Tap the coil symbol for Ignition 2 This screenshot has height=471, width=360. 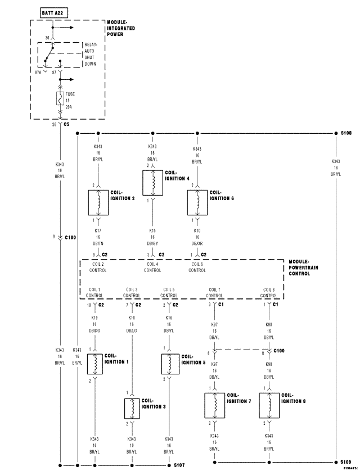[x=99, y=203]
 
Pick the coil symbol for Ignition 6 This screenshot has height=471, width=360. [x=197, y=203]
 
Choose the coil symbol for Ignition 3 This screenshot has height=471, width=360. [x=132, y=408]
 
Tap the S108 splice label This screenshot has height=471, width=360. [x=346, y=134]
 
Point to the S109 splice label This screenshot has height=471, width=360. [x=346, y=462]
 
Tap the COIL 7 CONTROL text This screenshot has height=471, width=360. [x=214, y=292]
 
